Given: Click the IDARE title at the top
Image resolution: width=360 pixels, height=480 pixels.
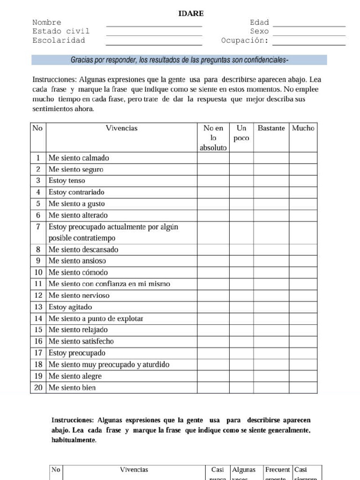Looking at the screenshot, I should point(191,13).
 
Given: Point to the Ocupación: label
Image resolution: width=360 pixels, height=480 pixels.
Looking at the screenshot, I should point(245,40).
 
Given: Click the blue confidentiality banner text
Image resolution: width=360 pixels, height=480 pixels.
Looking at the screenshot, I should point(179,60).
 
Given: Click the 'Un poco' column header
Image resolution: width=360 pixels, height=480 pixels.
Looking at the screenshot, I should point(241,133).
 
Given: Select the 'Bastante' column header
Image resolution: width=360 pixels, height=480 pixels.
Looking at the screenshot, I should point(271,128).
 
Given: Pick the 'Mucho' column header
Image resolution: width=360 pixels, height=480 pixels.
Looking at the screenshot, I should point(303,128).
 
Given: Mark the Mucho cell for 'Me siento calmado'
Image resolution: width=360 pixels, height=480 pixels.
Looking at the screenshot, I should point(303,158).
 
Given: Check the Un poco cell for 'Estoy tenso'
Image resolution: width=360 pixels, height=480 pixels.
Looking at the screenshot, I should point(241,180).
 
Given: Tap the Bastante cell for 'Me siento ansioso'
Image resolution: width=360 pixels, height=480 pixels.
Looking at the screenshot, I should point(271,261).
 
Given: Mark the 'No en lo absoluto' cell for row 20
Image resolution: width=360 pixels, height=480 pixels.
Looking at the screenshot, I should point(213,388).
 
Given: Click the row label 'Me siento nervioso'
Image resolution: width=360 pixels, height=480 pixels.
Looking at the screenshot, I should point(79,295).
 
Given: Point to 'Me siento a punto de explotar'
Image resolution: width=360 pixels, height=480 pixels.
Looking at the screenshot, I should point(96,319).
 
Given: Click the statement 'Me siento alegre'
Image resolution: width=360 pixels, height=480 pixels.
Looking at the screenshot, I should point(75,376).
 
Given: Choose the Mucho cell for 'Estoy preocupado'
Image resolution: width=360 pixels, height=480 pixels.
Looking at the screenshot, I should point(303,353).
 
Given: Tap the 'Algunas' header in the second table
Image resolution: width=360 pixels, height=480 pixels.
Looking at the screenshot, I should point(244,470).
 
